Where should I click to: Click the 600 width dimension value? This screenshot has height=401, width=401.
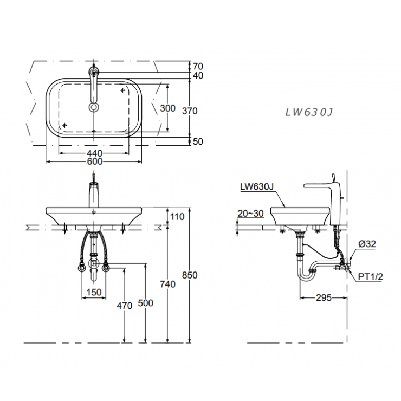[x=94, y=161]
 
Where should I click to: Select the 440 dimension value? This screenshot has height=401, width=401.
[x=94, y=153]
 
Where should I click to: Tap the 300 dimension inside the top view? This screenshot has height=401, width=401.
[x=168, y=108]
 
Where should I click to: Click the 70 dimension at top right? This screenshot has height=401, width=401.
[x=198, y=67]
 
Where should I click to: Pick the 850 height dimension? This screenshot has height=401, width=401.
[x=190, y=275]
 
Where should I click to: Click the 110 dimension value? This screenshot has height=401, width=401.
[x=177, y=217]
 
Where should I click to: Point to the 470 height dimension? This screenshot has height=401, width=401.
[x=125, y=306]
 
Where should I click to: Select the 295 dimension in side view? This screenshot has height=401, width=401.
[x=324, y=297]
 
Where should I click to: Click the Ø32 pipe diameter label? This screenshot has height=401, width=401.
[x=367, y=244]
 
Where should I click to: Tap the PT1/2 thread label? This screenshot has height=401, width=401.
[x=370, y=277]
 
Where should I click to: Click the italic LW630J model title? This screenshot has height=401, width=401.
[x=308, y=112]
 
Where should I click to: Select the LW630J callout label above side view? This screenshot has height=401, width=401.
[x=256, y=187]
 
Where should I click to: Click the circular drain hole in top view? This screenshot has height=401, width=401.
[x=94, y=107]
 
